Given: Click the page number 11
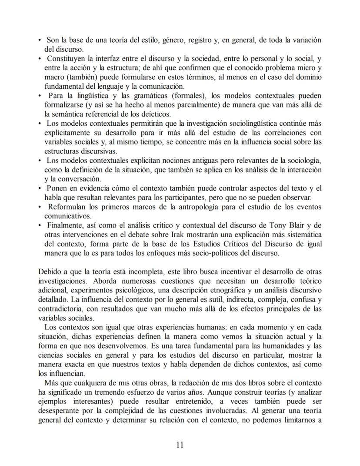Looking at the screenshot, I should [x=180, y=444].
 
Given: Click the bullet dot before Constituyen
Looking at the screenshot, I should [x=40, y=59].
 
